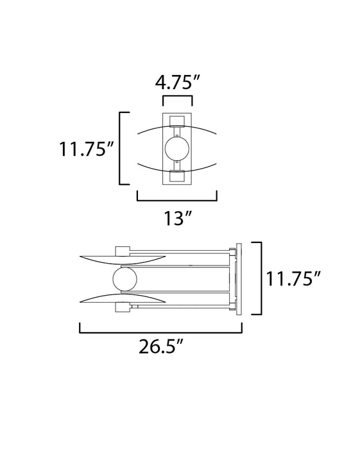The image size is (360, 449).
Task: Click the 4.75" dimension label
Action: click(177, 82)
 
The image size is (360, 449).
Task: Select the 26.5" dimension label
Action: click(160, 346)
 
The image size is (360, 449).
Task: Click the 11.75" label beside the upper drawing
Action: click(87, 149)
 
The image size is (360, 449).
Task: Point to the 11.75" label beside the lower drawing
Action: click(293, 278)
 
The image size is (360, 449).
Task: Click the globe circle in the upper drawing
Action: click(177, 149)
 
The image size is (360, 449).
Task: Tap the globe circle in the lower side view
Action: click(125, 279)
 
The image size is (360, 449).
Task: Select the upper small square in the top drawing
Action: click(177, 121)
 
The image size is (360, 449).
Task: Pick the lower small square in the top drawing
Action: click(177, 176)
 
